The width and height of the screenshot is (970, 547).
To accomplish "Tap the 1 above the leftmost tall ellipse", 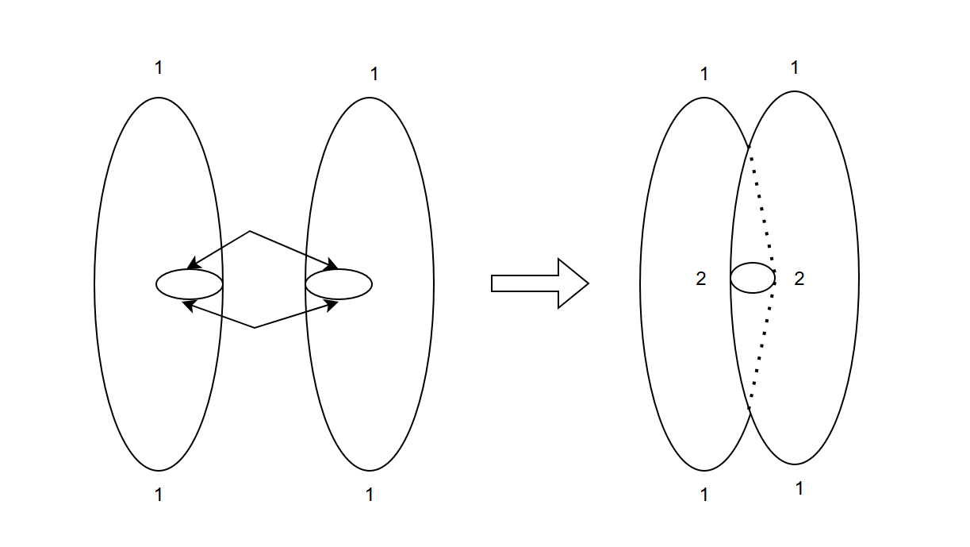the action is [x=159, y=68].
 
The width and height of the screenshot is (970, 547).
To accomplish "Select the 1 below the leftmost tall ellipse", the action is [x=159, y=495].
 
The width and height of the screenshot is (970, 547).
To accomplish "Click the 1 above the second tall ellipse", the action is [x=374, y=75].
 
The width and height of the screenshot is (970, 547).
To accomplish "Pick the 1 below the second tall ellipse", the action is [x=370, y=495].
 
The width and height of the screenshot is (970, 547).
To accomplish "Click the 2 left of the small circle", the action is [x=700, y=279].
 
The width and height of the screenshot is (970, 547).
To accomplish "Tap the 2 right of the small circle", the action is [x=799, y=279].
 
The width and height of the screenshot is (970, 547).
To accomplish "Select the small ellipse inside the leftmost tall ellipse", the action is [x=189, y=284].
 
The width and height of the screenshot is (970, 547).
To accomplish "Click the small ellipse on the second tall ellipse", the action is [x=339, y=284].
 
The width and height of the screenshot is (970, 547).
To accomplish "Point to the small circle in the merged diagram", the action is [x=753, y=278].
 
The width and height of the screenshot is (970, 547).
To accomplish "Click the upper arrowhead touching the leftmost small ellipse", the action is [x=192, y=265].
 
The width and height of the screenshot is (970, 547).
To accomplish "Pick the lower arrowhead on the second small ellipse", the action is [x=333, y=304].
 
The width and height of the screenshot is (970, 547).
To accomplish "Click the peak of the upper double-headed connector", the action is [x=251, y=232].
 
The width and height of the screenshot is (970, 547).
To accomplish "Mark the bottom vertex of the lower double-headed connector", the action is [x=255, y=327].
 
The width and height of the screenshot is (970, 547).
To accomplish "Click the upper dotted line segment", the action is [x=763, y=210].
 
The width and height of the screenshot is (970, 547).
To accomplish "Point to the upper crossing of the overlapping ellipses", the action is [x=749, y=147].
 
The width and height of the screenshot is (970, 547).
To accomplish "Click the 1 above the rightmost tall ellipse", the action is [x=795, y=68].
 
